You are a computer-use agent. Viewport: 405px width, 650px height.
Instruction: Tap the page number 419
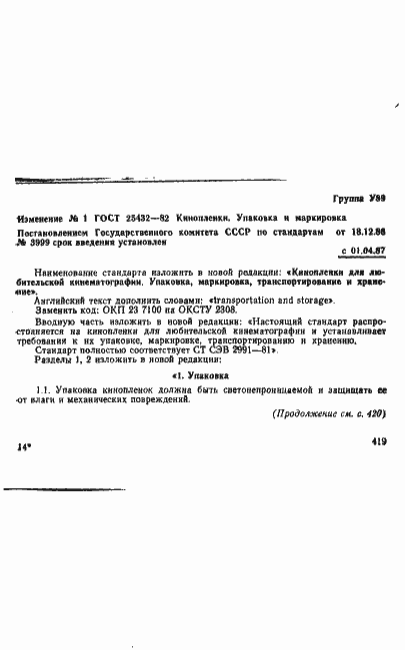[x=378, y=467]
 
